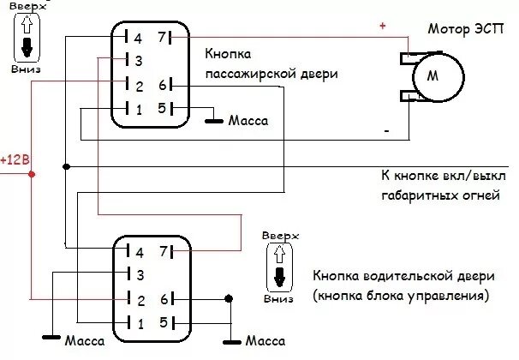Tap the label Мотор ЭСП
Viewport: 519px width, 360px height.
tap(463, 28)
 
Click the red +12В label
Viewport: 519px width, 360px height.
tap(15, 159)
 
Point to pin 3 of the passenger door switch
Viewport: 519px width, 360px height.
tap(135, 61)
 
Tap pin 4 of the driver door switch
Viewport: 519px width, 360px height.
tap(135, 252)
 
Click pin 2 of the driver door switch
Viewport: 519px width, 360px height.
tap(135, 299)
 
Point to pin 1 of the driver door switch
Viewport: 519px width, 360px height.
tap(135, 322)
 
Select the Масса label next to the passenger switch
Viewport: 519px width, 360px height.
tap(248, 121)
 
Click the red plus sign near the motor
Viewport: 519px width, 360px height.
tap(382, 27)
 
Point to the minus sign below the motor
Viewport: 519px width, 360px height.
tap(386, 131)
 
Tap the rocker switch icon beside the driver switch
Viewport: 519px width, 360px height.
tap(278, 266)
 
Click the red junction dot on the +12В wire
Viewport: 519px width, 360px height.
tap(33, 174)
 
